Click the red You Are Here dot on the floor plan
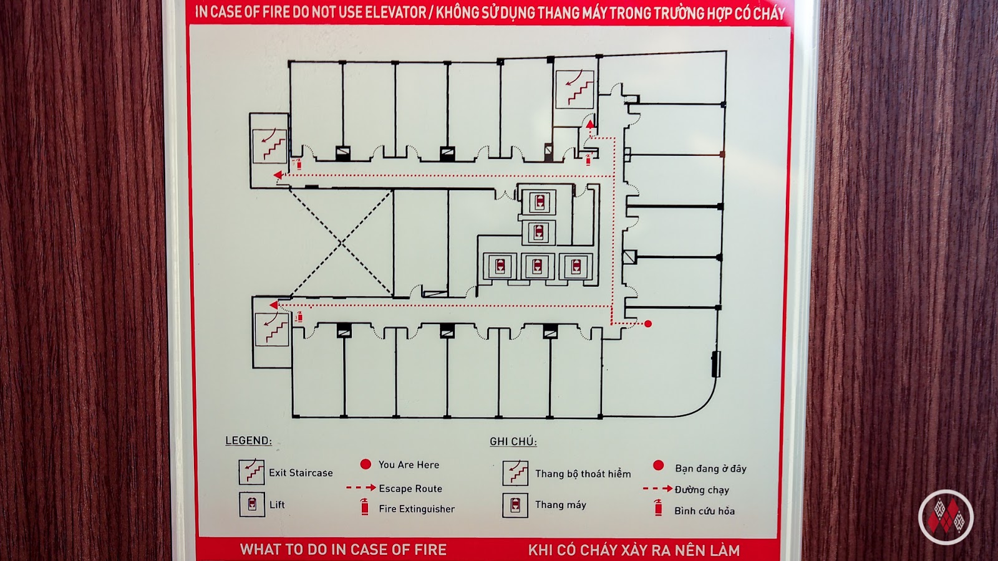(x=648, y=324)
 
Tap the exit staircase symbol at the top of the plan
(x=574, y=89)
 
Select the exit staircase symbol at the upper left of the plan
(x=269, y=146)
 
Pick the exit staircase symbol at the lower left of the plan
(x=272, y=328)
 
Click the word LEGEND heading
(x=248, y=441)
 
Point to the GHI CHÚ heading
(x=513, y=441)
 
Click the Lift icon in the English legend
(x=252, y=504)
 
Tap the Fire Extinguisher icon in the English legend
(x=364, y=507)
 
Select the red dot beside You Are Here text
(x=366, y=464)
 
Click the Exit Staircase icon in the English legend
(x=251, y=472)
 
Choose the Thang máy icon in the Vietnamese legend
(x=515, y=505)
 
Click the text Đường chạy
(x=702, y=490)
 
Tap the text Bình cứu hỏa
(x=704, y=511)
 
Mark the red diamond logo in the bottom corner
(x=946, y=517)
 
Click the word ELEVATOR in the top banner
(x=394, y=12)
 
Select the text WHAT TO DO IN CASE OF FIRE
(x=343, y=550)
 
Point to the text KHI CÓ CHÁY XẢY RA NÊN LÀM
(x=634, y=550)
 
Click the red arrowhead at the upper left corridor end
(x=278, y=175)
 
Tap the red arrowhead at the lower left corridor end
(x=273, y=305)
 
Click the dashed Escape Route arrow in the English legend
(x=361, y=488)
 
